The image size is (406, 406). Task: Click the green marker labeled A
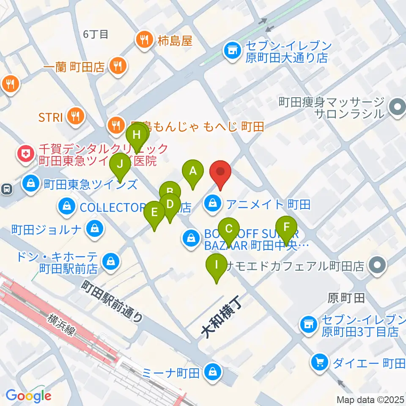(x=193, y=172)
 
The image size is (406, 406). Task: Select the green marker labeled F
(x=287, y=227)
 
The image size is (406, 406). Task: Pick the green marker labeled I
(x=217, y=266)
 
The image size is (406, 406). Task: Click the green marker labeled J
(x=120, y=164)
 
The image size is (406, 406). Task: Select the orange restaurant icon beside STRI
(x=76, y=117)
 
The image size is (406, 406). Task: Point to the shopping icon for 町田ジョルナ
(x=93, y=230)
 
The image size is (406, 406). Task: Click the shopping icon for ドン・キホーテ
(x=110, y=261)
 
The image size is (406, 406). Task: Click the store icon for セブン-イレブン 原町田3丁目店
(x=308, y=325)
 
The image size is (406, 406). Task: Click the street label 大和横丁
(x=220, y=316)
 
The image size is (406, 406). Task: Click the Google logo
(x=28, y=395)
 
